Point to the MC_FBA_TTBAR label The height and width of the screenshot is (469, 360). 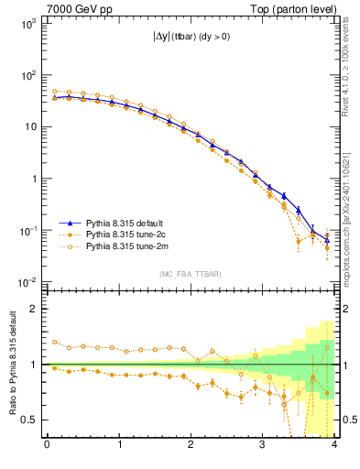click(190, 275)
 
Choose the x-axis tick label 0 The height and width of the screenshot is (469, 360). click(47, 446)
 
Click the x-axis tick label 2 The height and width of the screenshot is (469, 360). click(191, 446)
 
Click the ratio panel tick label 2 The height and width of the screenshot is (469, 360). click(33, 309)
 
